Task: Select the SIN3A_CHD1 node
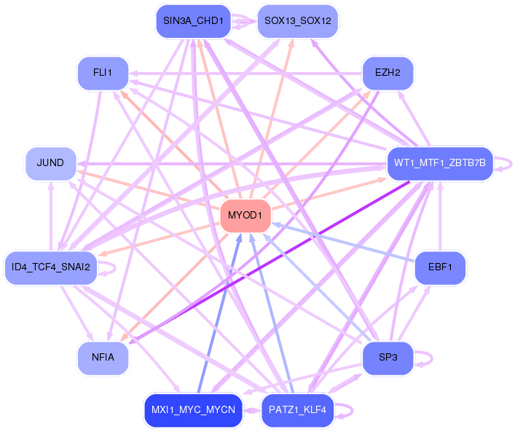pyautogui.click(x=193, y=20)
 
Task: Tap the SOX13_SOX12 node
pyautogui.click(x=298, y=20)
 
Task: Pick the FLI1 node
pyautogui.click(x=103, y=73)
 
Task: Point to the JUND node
pyautogui.click(x=50, y=162)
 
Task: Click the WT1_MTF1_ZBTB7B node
pyautogui.click(x=440, y=162)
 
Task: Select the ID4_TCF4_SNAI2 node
pyautogui.click(x=50, y=267)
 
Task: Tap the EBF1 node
pyautogui.click(x=440, y=268)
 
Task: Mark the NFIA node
pyautogui.click(x=103, y=358)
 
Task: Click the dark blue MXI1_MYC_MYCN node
pyautogui.click(x=193, y=410)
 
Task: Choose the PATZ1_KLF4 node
pyautogui.click(x=298, y=410)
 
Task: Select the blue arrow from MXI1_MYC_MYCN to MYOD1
pyautogui.click(x=219, y=314)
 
